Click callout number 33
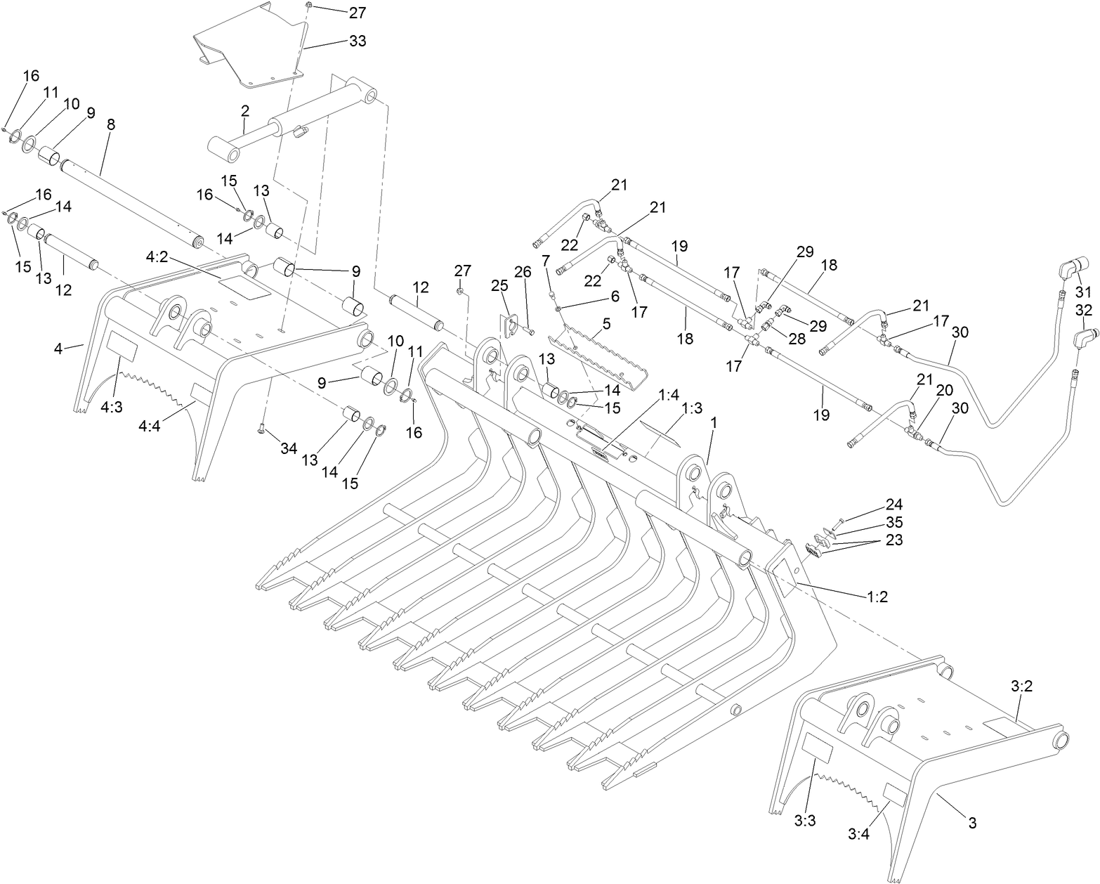click(x=358, y=40)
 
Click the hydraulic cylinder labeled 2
click(x=293, y=119)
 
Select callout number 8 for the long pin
click(x=111, y=124)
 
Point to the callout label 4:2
click(x=157, y=257)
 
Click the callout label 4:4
click(x=149, y=425)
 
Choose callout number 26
click(x=523, y=272)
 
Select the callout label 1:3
click(x=692, y=408)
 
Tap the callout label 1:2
click(x=877, y=596)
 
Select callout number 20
click(x=944, y=390)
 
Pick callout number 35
click(x=894, y=522)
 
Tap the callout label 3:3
click(x=805, y=835)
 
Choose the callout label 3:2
click(x=1022, y=686)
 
